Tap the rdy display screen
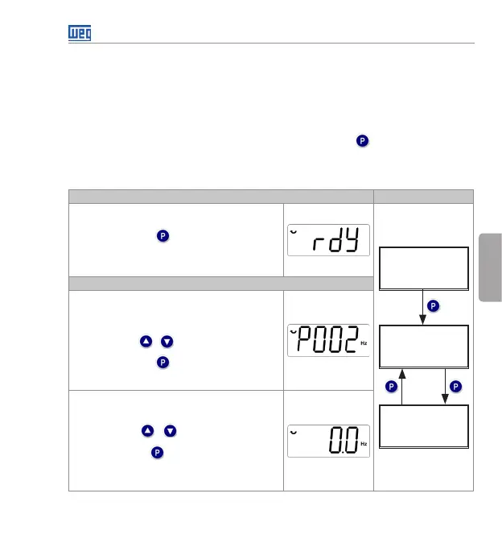[x=328, y=239]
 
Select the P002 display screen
[x=328, y=340]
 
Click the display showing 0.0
[x=328, y=441]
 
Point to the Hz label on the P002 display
[x=364, y=343]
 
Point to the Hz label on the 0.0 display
[x=364, y=444]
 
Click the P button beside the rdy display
[x=163, y=236]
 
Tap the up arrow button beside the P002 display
[x=146, y=342]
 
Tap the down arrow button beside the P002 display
[x=167, y=342]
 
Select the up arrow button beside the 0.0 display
[x=148, y=431]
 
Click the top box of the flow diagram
[x=424, y=268]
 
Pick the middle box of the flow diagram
[x=424, y=346]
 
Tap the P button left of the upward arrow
[x=392, y=388]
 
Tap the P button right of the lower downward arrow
[x=456, y=388]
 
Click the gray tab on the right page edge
[x=490, y=266]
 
